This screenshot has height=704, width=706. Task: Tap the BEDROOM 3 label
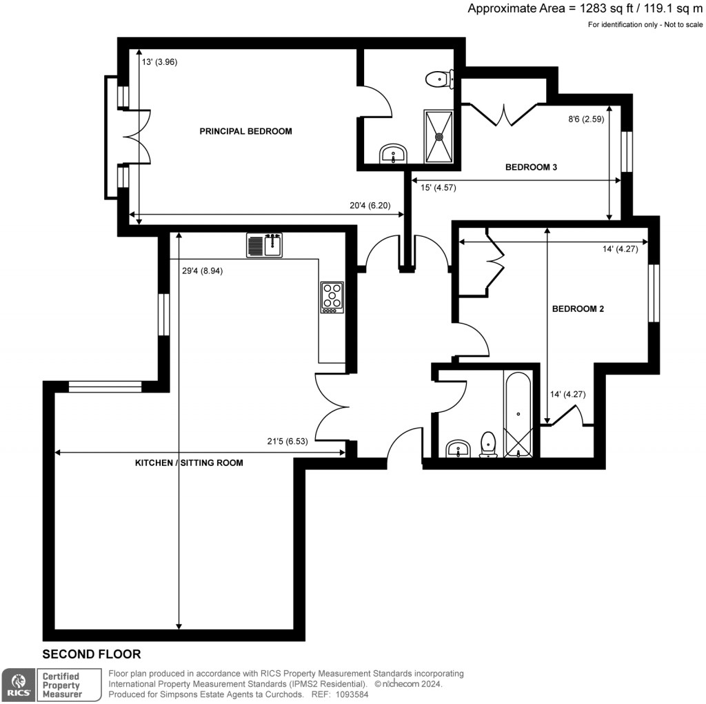click(x=531, y=167)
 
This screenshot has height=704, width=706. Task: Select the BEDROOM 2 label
click(x=578, y=309)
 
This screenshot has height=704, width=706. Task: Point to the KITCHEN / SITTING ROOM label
click(x=189, y=463)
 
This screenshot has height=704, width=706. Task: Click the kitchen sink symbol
click(x=265, y=245)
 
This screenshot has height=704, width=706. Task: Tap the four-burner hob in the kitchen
click(x=332, y=297)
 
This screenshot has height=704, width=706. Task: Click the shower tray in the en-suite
click(x=438, y=136)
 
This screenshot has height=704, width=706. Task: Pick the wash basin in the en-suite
click(x=394, y=154)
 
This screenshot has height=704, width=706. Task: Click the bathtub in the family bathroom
click(x=518, y=415)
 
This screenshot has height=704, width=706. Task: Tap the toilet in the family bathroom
click(x=489, y=444)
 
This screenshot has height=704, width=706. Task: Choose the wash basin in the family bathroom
click(x=457, y=450)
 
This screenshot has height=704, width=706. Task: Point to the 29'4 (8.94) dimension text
click(x=203, y=271)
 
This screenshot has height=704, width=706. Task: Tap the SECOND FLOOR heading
click(x=92, y=654)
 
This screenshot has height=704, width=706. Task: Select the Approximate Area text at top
click(x=585, y=9)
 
